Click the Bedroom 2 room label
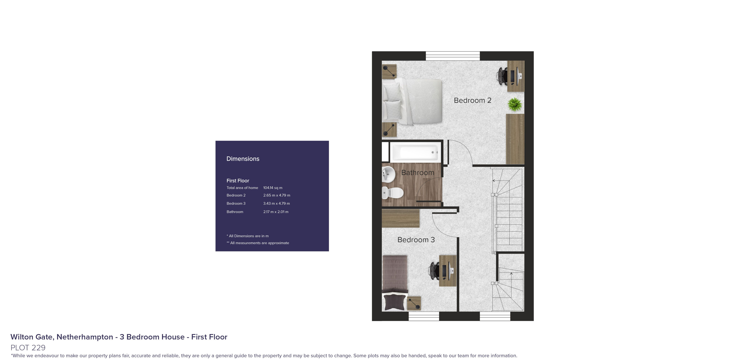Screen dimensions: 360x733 point(472,100)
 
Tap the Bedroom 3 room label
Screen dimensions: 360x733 point(416,240)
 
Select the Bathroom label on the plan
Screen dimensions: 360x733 point(417,173)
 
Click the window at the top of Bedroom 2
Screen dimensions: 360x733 point(452,56)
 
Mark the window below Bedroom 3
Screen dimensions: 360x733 point(424,316)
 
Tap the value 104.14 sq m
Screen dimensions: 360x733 point(273,188)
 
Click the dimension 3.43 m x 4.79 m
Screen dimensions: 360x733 point(276,203)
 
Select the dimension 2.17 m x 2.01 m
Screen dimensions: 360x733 point(276,212)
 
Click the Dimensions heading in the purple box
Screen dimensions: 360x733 point(243,159)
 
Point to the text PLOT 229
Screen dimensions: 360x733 point(28,347)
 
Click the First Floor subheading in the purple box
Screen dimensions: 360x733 point(238,181)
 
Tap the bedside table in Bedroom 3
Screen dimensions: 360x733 point(414,303)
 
